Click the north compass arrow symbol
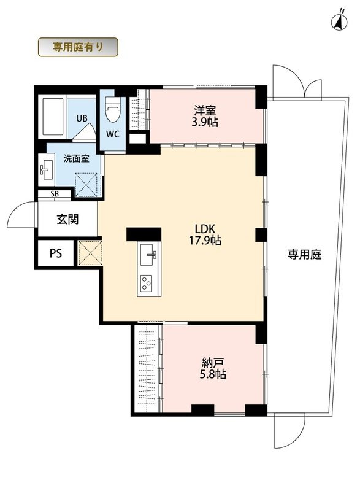point(339,21)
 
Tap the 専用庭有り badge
point(78,47)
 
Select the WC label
point(113,134)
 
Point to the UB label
point(82,118)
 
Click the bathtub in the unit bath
point(53,117)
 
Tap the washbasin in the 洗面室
point(47,169)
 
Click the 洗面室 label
point(76,159)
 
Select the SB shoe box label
point(55,194)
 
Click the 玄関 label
point(67,219)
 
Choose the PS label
point(56,253)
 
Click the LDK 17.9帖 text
point(205,235)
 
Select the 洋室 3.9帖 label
point(205,116)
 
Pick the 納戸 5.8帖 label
point(213,369)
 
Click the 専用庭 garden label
point(305,255)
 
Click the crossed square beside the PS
point(90,253)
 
